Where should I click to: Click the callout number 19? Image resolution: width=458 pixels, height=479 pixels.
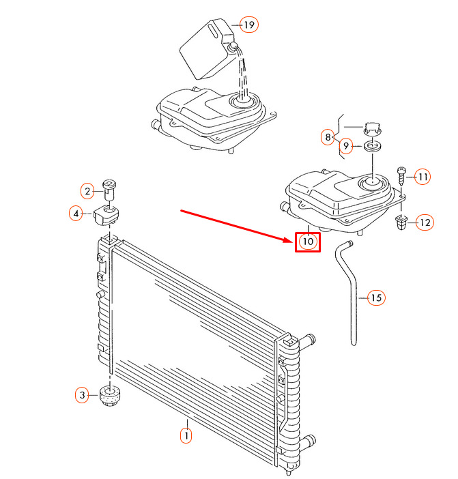pyautogui.click(x=249, y=25)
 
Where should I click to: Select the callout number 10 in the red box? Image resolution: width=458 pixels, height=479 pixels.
pyautogui.click(x=308, y=242)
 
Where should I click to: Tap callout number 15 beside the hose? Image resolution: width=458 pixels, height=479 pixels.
pyautogui.click(x=376, y=297)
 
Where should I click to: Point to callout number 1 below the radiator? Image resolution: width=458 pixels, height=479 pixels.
pyautogui.click(x=186, y=435)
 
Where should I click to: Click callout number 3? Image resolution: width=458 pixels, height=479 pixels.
pyautogui.click(x=82, y=395)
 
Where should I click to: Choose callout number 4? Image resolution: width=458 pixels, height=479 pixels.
pyautogui.click(x=76, y=213)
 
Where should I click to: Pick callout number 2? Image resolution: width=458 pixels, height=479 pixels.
pyautogui.click(x=87, y=191)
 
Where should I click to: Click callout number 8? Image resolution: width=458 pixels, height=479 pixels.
pyautogui.click(x=328, y=137)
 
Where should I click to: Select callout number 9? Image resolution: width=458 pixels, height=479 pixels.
pyautogui.click(x=346, y=146)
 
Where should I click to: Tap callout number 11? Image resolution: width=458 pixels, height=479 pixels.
pyautogui.click(x=423, y=177)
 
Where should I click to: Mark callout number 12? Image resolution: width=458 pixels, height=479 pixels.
pyautogui.click(x=425, y=222)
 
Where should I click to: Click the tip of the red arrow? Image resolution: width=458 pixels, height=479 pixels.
pyautogui.click(x=294, y=241)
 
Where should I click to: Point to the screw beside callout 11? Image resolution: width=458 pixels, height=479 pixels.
pyautogui.click(x=401, y=176)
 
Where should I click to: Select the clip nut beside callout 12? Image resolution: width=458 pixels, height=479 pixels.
pyautogui.click(x=401, y=222)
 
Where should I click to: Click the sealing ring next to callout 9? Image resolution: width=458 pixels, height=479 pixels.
pyautogui.click(x=373, y=146)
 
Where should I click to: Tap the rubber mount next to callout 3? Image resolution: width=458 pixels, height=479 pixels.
pyautogui.click(x=111, y=396)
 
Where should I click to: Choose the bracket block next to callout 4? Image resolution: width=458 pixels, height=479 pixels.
pyautogui.click(x=106, y=215)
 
